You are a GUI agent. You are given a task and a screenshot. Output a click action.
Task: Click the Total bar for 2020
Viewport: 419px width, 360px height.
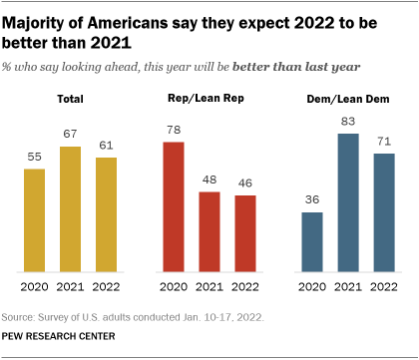coord(34,219)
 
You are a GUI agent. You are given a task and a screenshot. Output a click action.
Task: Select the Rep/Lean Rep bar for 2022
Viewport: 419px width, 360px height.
coord(244,233)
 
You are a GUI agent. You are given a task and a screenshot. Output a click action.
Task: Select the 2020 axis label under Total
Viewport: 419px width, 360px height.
coord(34,286)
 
